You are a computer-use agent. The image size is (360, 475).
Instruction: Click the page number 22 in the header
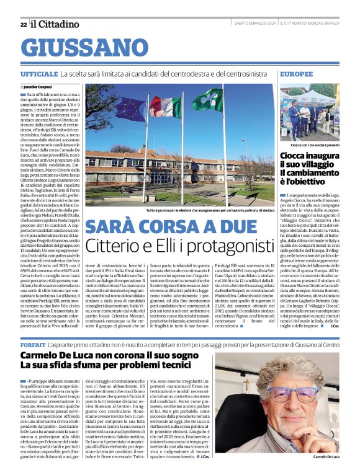(x=23, y=24)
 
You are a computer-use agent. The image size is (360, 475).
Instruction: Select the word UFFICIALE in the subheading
(x=39, y=74)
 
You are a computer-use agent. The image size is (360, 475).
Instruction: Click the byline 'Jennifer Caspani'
(x=39, y=87)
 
